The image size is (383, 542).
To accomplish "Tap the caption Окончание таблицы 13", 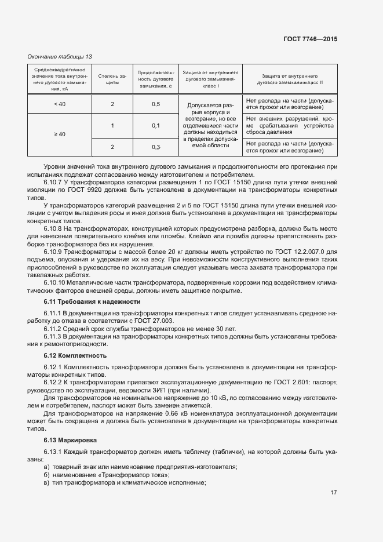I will pyautogui.click(x=60, y=56).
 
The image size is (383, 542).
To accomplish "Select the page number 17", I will pyautogui.click(x=334, y=493).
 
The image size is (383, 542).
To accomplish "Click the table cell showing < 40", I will pyautogui.click(x=60, y=104).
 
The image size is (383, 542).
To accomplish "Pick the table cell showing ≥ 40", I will pyautogui.click(x=60, y=134).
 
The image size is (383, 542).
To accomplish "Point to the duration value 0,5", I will pyautogui.click(x=156, y=104).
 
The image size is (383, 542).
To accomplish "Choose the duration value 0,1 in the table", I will pyautogui.click(x=156, y=125).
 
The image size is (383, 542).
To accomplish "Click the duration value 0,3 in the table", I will pyautogui.click(x=156, y=147).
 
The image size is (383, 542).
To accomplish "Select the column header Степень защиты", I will pyautogui.click(x=112, y=79).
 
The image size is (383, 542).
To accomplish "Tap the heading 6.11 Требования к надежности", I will pyautogui.click(x=92, y=302).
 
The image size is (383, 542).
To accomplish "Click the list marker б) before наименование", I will pyautogui.click(x=46, y=475).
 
